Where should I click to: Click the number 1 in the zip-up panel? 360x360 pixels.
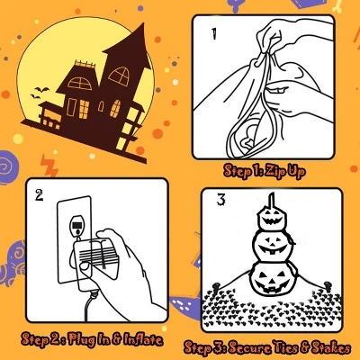[215, 36]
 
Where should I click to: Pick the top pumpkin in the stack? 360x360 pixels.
[271, 216]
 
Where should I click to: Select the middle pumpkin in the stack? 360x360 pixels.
[271, 243]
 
